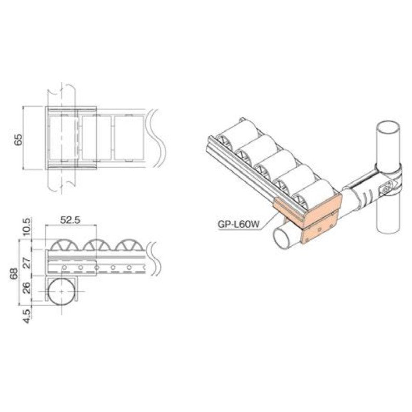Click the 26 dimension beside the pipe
pos(32,287)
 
